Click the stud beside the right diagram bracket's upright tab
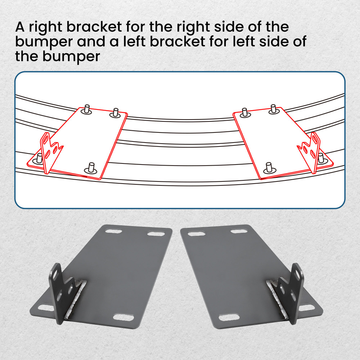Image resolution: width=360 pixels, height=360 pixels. click(x=321, y=157)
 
